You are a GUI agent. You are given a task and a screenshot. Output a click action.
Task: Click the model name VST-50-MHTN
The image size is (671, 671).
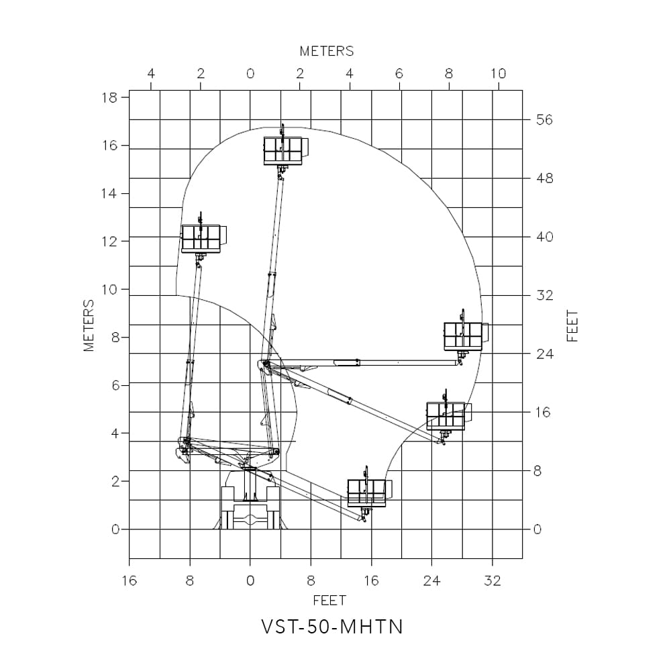332,627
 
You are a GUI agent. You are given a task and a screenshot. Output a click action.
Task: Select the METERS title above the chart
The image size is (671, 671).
326,51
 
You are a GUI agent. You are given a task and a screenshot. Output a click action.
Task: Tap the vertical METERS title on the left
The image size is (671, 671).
89,325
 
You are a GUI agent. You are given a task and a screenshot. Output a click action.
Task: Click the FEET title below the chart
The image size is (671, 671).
329,600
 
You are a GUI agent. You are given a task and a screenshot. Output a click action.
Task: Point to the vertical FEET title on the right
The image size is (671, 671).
572,325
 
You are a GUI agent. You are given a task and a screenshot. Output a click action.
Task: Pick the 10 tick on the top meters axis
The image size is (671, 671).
498,74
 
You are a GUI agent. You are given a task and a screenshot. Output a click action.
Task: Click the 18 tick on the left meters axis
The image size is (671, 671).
109,97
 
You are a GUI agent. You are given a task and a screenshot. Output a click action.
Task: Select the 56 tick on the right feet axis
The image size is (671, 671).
544,120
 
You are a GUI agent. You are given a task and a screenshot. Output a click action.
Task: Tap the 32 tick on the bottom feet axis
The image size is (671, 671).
493,581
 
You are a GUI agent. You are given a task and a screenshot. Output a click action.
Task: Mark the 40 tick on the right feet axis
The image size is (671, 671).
544,237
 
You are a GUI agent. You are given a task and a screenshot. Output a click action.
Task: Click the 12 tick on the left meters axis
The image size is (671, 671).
109,242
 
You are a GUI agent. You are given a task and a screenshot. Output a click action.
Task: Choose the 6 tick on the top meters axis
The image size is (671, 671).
399,74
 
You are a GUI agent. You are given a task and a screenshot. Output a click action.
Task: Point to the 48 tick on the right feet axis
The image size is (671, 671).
544,178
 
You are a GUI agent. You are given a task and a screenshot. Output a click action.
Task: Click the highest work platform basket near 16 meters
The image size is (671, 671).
282,150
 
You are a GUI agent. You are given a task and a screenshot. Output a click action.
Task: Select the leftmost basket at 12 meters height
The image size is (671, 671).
201,238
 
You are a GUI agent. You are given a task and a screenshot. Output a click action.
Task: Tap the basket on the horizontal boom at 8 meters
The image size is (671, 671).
463,335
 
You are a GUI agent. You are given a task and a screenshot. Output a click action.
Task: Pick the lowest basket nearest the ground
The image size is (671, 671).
366,493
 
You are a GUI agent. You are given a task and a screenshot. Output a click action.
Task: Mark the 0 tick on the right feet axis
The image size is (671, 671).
537,529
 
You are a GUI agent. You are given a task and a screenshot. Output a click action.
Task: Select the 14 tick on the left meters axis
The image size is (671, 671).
109,194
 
